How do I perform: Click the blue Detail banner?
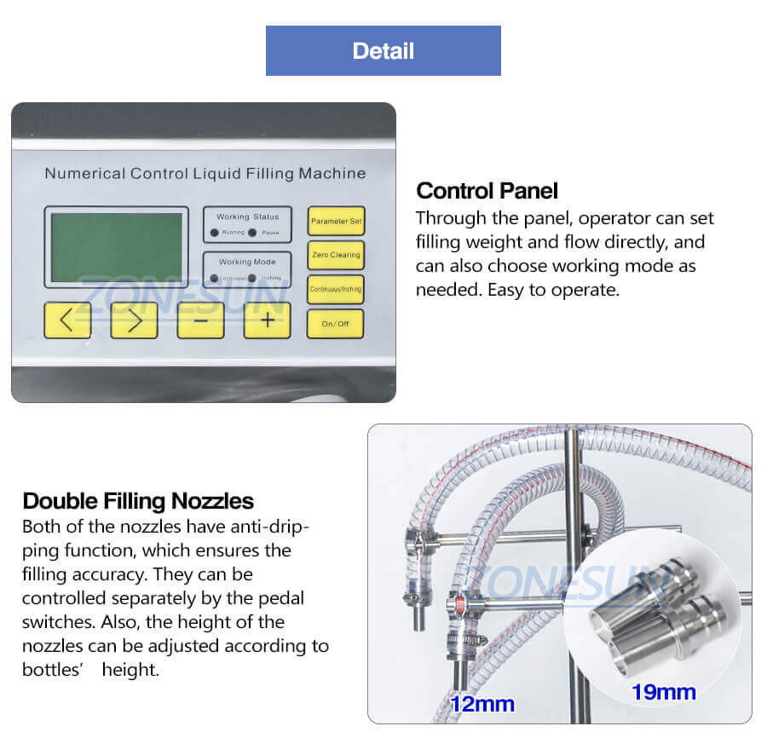(x=383, y=51)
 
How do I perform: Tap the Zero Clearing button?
(x=335, y=255)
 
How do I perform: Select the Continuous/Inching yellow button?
(x=335, y=289)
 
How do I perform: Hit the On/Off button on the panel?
(x=335, y=324)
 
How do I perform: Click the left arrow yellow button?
(x=67, y=320)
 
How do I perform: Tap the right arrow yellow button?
(x=134, y=320)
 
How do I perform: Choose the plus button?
(x=267, y=320)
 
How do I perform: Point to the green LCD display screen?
(x=116, y=247)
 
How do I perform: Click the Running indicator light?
(x=215, y=232)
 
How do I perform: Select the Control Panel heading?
(x=487, y=190)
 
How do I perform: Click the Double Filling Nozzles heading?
(x=138, y=500)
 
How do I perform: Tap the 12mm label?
(x=482, y=704)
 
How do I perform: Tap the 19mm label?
(x=663, y=692)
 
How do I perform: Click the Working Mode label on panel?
(x=247, y=262)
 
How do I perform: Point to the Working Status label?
(x=247, y=217)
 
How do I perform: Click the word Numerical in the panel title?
(x=84, y=174)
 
